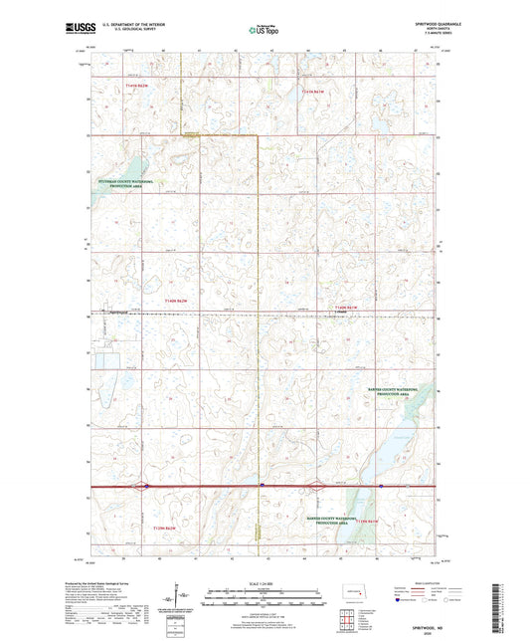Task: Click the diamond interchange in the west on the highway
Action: (x=145, y=487)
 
